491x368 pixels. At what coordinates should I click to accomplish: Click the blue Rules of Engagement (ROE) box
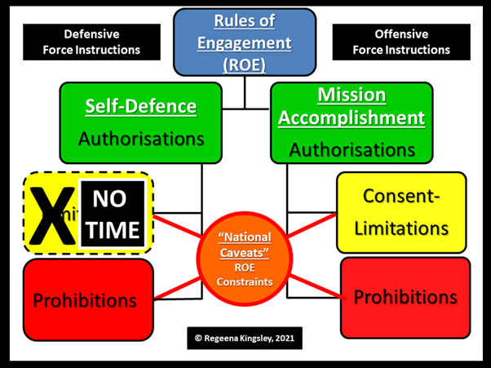point(245,43)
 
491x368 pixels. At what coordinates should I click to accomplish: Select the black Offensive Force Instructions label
point(400,42)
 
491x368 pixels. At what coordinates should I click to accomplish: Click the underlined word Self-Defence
point(140,106)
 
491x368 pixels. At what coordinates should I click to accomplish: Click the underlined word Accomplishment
point(352,117)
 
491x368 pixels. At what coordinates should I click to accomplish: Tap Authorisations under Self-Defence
point(140,138)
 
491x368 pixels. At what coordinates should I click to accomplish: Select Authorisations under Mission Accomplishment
point(352,149)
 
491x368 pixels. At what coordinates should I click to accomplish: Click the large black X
point(50,214)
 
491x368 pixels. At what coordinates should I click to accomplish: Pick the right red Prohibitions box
point(405,298)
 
